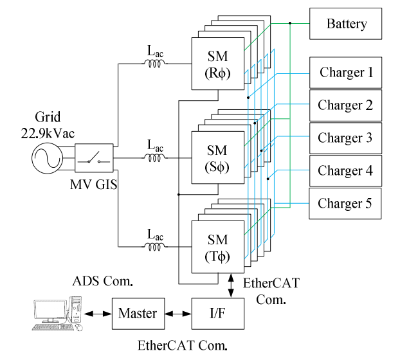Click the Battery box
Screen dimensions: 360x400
coord(347,24)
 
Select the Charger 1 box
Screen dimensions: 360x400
coord(347,72)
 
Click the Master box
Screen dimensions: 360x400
coord(138,314)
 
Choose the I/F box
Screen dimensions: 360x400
coord(218,314)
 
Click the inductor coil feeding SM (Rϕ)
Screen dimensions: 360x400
coord(155,63)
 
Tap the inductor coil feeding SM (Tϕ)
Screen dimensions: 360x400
coord(155,246)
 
